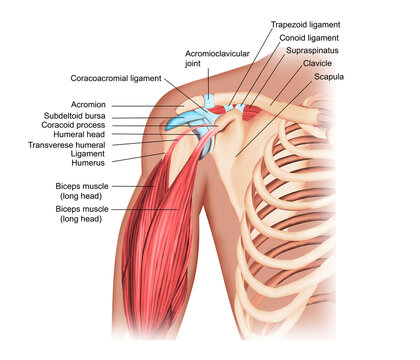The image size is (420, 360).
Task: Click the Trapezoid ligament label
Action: (305, 23)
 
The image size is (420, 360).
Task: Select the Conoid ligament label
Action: (302, 36)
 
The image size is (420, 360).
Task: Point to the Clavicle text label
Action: (318, 62)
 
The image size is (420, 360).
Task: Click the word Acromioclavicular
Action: (218, 51)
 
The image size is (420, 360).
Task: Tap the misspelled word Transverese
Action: (50, 146)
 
